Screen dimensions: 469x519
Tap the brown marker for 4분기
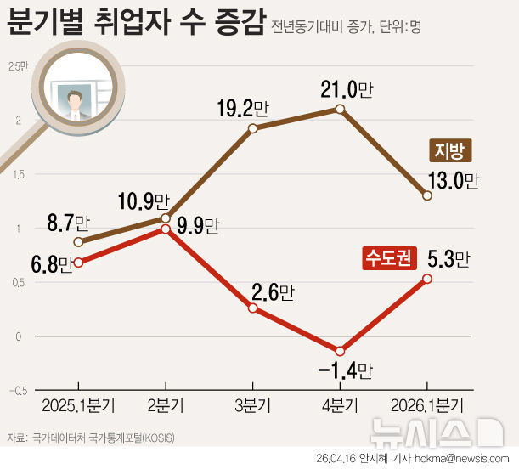pyautogui.click(x=340, y=110)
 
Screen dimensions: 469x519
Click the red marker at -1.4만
pyautogui.click(x=340, y=351)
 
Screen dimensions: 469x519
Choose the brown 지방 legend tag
pyautogui.click(x=448, y=150)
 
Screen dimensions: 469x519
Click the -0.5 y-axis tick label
pyautogui.click(x=16, y=391)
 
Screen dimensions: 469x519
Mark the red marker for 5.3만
pyautogui.click(x=427, y=279)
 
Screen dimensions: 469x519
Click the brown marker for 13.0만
pyautogui.click(x=427, y=195)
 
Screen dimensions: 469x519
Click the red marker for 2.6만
pyautogui.click(x=253, y=308)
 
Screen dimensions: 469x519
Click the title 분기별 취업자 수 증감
pyautogui.click(x=136, y=23)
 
